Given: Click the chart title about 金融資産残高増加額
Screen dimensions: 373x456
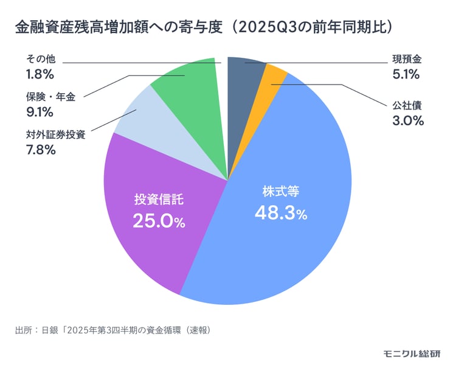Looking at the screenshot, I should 207,28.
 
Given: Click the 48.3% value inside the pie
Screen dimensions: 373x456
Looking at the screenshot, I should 281,214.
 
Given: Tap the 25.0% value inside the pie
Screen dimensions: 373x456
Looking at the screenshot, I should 159,221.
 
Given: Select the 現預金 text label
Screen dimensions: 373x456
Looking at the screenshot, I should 406,60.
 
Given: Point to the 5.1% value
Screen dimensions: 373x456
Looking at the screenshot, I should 406,75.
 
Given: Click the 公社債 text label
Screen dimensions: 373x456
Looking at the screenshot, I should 406,105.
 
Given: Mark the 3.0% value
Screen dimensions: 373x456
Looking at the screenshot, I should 407,120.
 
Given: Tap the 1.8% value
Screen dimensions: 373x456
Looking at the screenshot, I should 41,75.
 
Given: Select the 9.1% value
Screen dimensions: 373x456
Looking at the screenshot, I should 40,112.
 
